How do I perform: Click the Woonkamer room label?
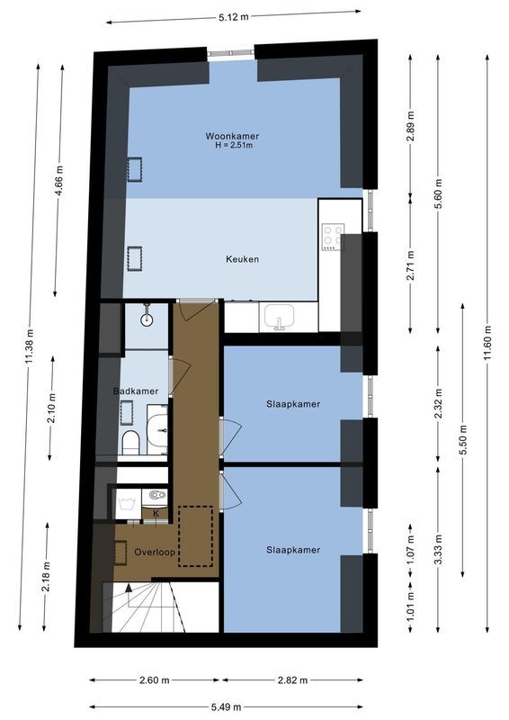[x=232, y=137]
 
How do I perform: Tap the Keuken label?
[x=242, y=259]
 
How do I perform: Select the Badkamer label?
[x=136, y=391]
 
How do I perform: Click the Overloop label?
[x=154, y=551]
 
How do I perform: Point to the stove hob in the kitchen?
[x=333, y=237]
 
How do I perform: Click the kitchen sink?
[x=280, y=317]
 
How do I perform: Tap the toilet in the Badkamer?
[x=129, y=442]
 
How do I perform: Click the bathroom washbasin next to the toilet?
[x=157, y=431]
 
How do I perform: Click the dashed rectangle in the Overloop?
[x=195, y=536]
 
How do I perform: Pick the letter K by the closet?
[x=156, y=514]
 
